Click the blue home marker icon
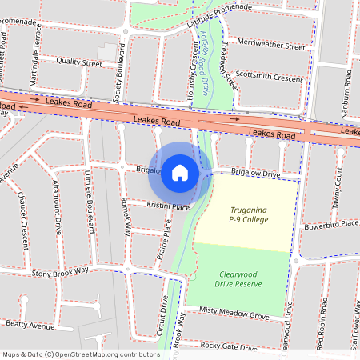180,173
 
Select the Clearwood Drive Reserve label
239,278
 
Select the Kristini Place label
168,206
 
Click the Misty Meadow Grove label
234,314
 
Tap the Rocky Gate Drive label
229,346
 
